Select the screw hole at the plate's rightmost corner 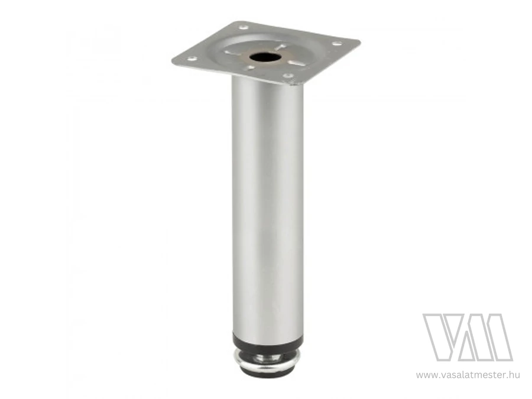point(336,43)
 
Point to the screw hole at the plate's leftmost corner point(191,59)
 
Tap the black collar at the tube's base point(267,339)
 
